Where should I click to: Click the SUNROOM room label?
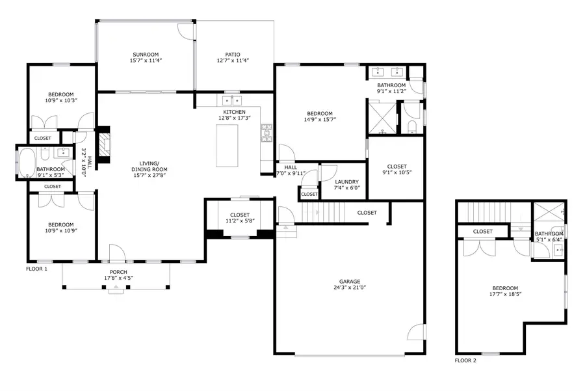pos(146,55)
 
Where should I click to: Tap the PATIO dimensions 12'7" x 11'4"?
pos(233,61)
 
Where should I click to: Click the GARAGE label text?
pos(349,281)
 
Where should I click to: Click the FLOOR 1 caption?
pos(36,269)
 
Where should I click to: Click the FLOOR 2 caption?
pos(465,360)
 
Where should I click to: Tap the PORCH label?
pos(118,272)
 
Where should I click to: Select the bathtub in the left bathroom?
pos(27,164)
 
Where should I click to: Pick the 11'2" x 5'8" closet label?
pos(240,215)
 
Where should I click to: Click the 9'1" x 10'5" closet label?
pos(396,167)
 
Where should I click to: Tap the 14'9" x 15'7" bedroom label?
pos(319,113)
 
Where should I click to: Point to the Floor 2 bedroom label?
pos(504,288)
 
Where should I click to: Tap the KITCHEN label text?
pos(234,112)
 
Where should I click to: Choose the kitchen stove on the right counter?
pos(266,133)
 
